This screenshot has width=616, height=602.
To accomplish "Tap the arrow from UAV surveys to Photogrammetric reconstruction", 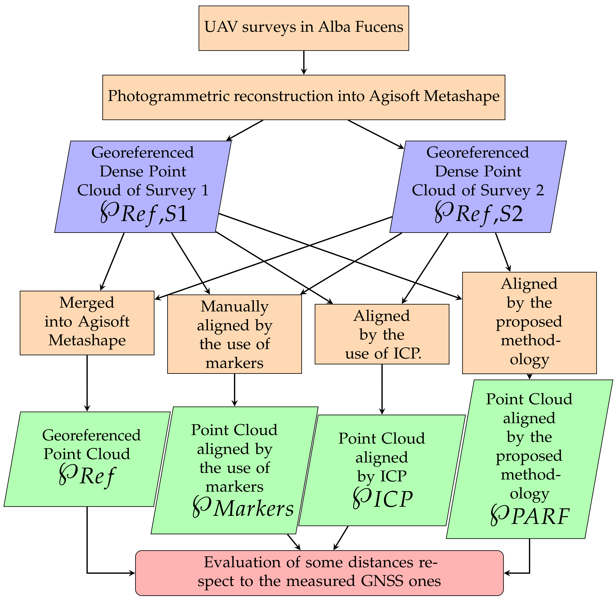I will click(x=304, y=63).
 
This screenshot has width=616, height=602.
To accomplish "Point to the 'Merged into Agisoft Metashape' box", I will click(x=87, y=323).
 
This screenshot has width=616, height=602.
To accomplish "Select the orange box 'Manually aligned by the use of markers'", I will click(x=234, y=334).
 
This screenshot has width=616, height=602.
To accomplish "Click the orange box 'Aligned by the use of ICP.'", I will click(x=382, y=334).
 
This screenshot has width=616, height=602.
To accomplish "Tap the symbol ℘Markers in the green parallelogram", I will click(x=243, y=509).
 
